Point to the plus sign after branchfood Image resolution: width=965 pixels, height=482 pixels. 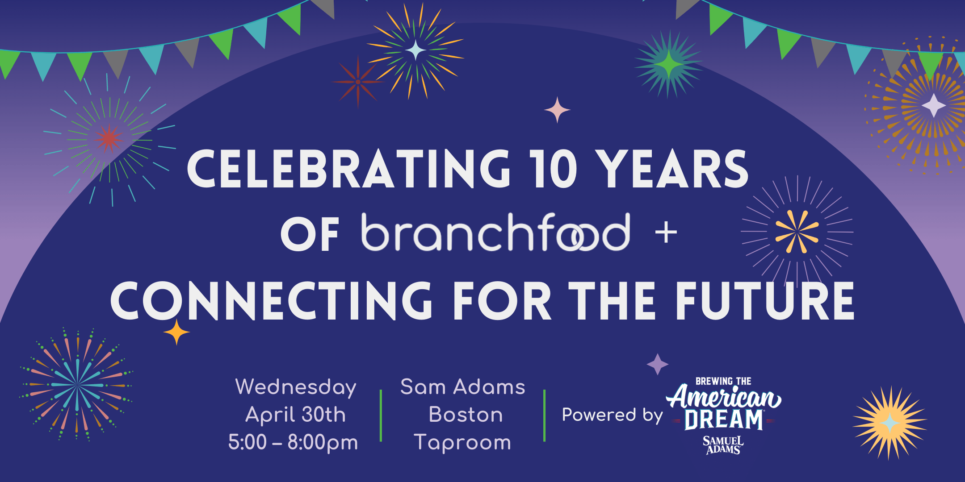[x=666, y=233]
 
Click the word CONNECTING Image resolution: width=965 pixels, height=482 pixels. [x=271, y=300]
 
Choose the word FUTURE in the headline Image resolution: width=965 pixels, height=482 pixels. [x=765, y=300]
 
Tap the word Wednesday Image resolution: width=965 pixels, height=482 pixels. [x=296, y=387]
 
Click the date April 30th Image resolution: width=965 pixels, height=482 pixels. [x=296, y=415]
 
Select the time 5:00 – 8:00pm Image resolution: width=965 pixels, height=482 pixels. [x=293, y=442]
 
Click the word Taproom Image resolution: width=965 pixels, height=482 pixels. [x=462, y=442]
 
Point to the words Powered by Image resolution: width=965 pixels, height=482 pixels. [x=612, y=415]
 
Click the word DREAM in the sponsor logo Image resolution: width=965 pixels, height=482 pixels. [x=724, y=420]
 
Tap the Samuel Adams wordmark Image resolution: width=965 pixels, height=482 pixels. [x=723, y=445]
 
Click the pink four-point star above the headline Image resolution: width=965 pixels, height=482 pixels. [x=557, y=110]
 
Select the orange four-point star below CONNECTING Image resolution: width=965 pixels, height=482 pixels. [x=176, y=332]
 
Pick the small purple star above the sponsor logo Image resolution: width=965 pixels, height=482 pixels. [x=658, y=364]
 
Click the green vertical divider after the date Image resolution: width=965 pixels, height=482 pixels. [x=381, y=416]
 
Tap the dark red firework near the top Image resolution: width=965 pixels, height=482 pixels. [x=357, y=82]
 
